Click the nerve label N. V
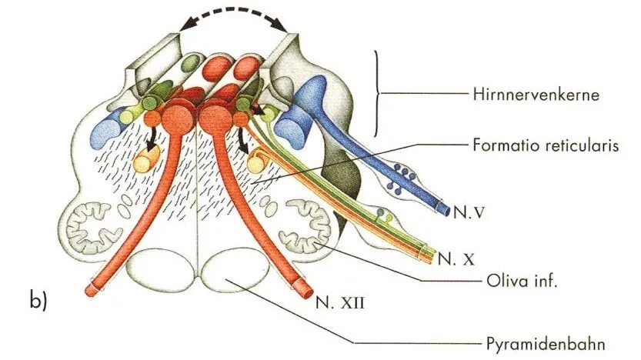click(467, 208)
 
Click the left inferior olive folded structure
click(93, 226)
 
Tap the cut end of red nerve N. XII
click(302, 289)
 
